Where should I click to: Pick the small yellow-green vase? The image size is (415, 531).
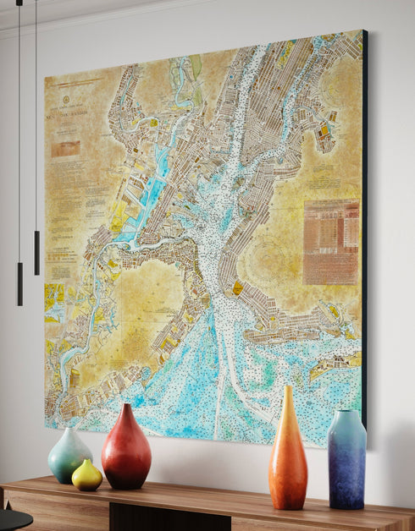[x=86, y=476]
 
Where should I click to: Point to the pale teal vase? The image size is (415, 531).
[x=69, y=457]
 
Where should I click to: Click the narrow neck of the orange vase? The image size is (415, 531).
[x=288, y=402]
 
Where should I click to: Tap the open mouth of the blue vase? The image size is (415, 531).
[x=346, y=413]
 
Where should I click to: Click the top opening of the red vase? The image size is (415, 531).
[x=126, y=406]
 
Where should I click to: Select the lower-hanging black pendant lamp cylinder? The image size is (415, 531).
[x=19, y=283]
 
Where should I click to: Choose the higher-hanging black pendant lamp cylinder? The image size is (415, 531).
[x=36, y=252]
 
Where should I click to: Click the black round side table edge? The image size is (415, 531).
[x=13, y=517]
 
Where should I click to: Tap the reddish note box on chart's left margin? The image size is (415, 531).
[x=66, y=150]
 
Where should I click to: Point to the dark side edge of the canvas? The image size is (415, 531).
[x=364, y=228]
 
